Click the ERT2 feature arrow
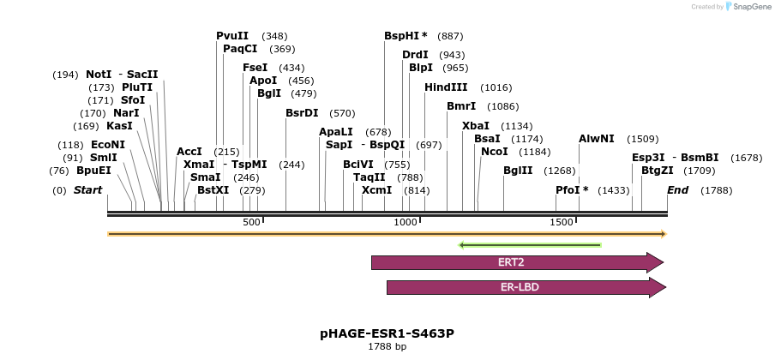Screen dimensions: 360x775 click(518, 262)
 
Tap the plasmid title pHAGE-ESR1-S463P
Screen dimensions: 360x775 click(387, 333)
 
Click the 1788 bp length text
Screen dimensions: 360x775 click(387, 347)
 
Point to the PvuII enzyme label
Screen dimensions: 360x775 click(232, 36)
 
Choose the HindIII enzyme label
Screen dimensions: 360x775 click(446, 87)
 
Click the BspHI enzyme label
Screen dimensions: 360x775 click(406, 36)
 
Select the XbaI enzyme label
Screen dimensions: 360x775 click(476, 126)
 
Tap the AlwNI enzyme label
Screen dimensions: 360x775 click(597, 138)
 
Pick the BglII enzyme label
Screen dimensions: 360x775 click(518, 171)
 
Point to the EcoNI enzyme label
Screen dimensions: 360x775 click(108, 145)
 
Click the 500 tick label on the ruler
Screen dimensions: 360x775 click(251, 223)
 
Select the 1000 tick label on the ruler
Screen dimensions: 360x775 click(406, 223)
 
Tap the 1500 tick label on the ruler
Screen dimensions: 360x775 click(562, 223)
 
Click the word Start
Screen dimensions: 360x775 click(87, 189)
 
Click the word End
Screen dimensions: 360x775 click(678, 189)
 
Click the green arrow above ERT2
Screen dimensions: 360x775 click(530, 245)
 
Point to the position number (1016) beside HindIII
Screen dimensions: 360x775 click(496, 87)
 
